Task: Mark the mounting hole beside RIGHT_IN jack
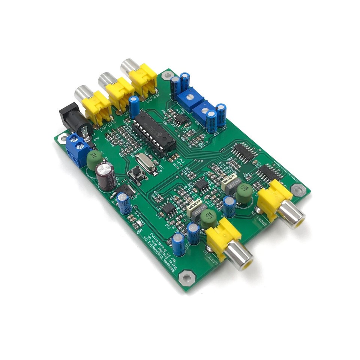(x=298, y=190)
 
